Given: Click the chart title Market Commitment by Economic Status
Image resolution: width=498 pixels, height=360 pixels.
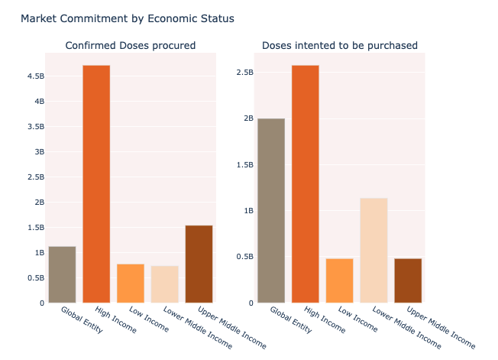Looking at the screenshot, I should (128, 18).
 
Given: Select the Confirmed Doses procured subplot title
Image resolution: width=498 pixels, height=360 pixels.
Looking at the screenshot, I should (131, 46).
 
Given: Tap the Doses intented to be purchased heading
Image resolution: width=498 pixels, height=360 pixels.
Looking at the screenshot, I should (340, 46).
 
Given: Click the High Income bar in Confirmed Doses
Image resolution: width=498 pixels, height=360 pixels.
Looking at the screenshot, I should (96, 183).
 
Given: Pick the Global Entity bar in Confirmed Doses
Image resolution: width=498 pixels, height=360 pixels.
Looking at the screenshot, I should (62, 274).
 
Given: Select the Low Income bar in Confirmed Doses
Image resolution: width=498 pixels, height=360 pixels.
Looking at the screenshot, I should (131, 283).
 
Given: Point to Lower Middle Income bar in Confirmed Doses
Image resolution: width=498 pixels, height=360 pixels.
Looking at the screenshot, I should (165, 284).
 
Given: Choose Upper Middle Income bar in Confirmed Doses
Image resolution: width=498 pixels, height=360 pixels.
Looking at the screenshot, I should (199, 264).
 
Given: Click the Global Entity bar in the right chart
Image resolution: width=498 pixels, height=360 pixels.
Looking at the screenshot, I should (271, 210).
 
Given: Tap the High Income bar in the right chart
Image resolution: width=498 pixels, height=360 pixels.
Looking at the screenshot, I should (306, 183).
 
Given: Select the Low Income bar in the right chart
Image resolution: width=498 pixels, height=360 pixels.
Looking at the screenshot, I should (340, 281).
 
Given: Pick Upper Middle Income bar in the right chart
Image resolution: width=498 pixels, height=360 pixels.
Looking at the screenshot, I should (409, 281).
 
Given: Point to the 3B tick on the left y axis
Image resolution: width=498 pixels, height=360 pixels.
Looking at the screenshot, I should (35, 152).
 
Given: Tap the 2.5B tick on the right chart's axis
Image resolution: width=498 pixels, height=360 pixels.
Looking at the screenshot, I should (244, 73).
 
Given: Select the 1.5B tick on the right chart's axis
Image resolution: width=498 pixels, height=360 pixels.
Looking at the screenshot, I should (244, 164).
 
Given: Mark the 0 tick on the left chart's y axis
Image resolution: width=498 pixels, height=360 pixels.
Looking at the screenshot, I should (41, 303).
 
